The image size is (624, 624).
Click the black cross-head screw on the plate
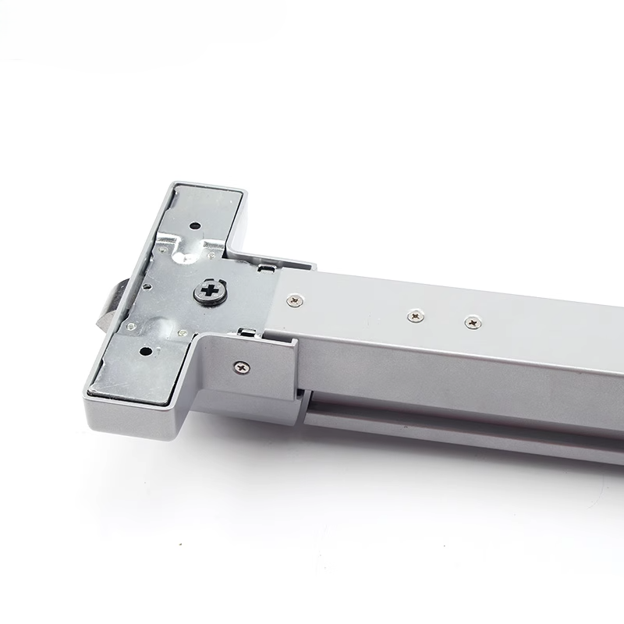(x=208, y=291)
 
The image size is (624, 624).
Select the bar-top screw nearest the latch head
(x=294, y=300)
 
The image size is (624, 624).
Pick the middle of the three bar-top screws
(x=416, y=316)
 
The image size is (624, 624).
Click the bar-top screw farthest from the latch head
(x=472, y=322)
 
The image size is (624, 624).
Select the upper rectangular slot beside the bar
(x=265, y=270)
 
